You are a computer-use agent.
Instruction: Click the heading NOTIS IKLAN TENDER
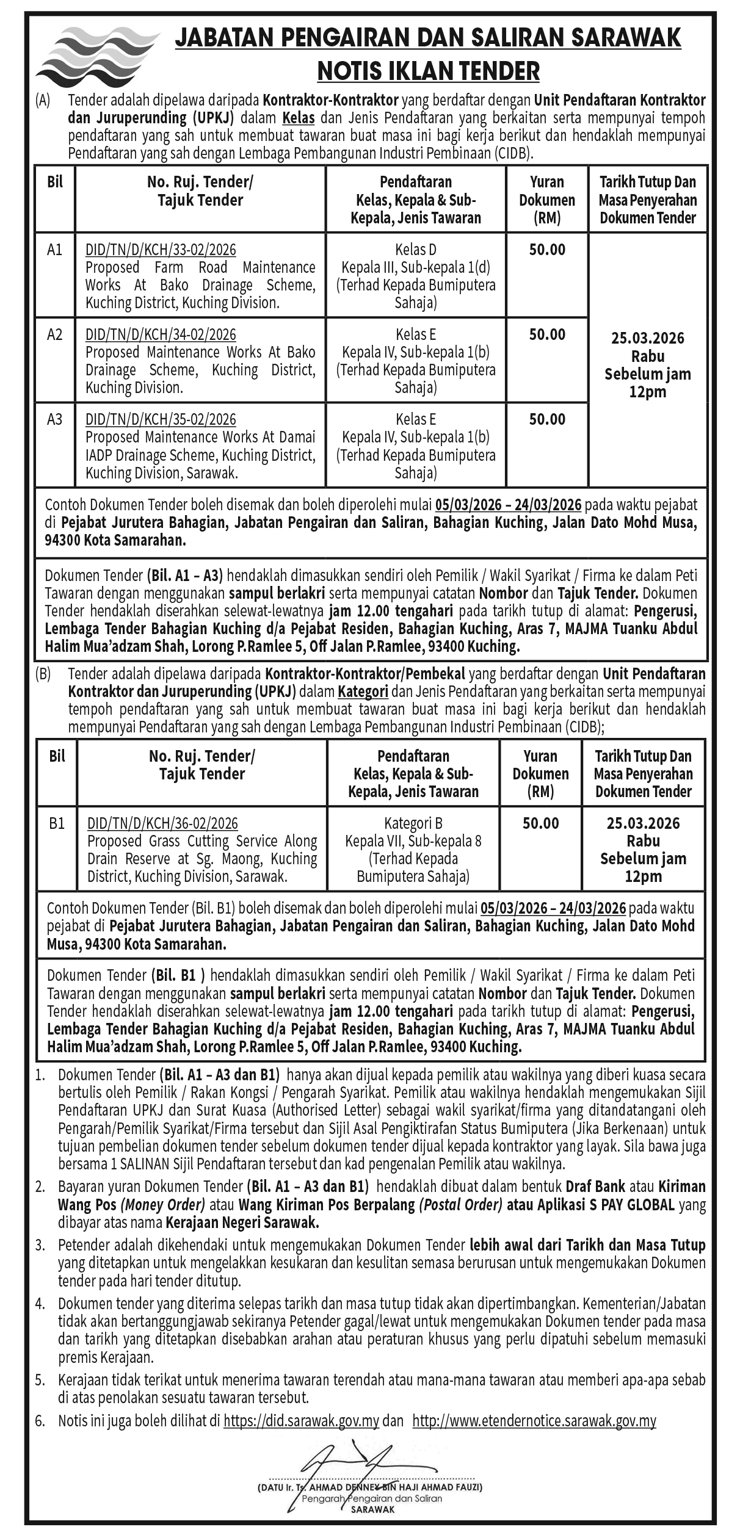tap(428, 71)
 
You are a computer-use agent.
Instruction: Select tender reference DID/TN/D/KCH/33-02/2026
tap(161, 250)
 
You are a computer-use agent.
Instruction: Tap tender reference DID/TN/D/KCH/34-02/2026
tap(161, 334)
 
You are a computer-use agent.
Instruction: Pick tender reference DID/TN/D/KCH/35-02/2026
tap(161, 419)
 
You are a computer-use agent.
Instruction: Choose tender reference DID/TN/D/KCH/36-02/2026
tap(162, 823)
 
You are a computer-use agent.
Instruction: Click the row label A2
tap(55, 334)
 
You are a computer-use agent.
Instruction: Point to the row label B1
tap(57, 823)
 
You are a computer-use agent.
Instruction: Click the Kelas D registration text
tap(415, 250)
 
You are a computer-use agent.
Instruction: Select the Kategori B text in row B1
tap(413, 823)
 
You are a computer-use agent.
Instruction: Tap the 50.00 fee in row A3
tap(547, 419)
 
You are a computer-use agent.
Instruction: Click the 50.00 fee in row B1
tap(540, 823)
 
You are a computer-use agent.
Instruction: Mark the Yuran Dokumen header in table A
tap(547, 200)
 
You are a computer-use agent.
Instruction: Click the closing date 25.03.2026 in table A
tap(648, 338)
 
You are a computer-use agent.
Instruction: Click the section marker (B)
tap(43, 674)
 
